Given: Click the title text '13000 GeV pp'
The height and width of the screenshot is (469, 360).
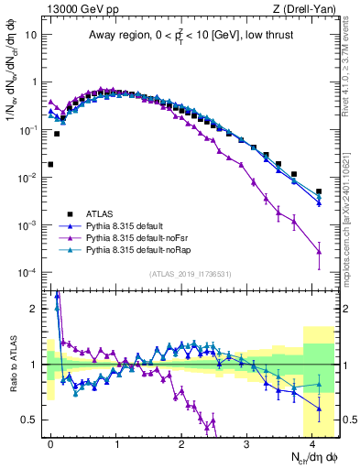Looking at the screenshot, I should pyautogui.click(x=74, y=9).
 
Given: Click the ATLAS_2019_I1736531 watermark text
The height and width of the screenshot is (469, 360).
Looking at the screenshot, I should pyautogui.click(x=189, y=274).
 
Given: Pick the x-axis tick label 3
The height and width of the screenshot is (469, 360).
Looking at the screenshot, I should pyautogui.click(x=246, y=442).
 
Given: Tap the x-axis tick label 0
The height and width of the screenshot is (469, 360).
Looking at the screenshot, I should pyautogui.click(x=50, y=442).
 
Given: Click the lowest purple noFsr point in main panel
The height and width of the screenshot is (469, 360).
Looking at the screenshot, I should pyautogui.click(x=319, y=251).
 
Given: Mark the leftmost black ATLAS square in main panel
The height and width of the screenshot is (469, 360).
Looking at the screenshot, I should pyautogui.click(x=50, y=165).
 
